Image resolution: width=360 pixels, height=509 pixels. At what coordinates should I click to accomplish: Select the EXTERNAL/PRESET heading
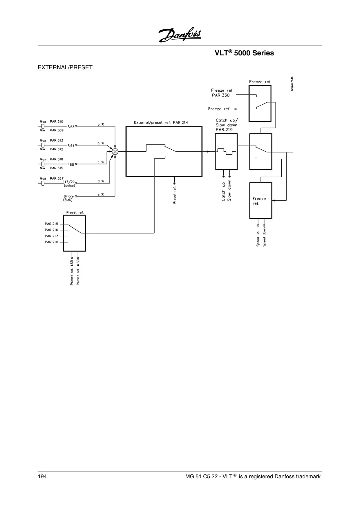65,68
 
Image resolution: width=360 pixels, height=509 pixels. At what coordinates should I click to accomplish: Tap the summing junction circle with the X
115,151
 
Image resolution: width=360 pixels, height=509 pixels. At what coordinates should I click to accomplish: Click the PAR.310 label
56,122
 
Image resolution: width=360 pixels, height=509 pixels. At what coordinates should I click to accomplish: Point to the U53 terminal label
71,126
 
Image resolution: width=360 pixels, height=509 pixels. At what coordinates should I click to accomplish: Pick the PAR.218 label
51,242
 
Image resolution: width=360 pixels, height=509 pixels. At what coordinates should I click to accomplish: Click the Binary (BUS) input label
68,198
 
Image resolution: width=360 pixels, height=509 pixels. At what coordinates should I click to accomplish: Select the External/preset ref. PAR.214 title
161,122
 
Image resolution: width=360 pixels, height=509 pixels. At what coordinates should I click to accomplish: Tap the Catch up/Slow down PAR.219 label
227,125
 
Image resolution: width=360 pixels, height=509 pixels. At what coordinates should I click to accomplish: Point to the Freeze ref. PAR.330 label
222,93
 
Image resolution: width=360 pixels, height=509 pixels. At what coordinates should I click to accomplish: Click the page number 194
42,477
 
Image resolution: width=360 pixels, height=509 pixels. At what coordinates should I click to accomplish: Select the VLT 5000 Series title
244,53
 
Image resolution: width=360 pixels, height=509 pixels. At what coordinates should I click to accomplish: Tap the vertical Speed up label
258,239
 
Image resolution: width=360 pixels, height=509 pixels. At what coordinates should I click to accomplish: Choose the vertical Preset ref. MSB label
78,272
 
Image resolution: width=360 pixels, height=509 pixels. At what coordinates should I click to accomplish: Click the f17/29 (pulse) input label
69,184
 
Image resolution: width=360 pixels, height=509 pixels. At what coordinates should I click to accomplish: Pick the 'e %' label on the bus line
101,195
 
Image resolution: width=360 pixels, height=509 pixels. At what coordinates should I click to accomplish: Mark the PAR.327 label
57,178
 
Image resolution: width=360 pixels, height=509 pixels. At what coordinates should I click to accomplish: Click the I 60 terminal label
71,164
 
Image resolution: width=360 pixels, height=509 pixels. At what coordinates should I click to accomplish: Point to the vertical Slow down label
229,190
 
